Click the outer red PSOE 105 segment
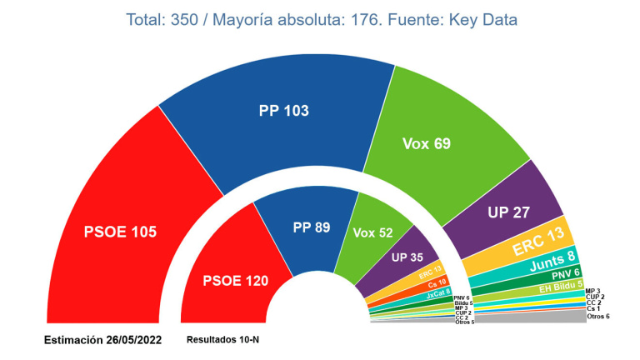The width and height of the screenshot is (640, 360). (x=121, y=231)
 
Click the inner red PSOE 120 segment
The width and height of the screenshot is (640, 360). (x=235, y=281)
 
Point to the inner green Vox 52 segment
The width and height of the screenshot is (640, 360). (x=372, y=232)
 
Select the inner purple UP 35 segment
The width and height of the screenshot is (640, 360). (x=407, y=258)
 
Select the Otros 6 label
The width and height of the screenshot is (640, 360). (x=598, y=317)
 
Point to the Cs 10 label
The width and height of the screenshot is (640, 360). (x=436, y=282)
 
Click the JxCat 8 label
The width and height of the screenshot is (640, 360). (x=439, y=292)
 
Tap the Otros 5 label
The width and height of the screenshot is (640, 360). (x=465, y=322)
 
